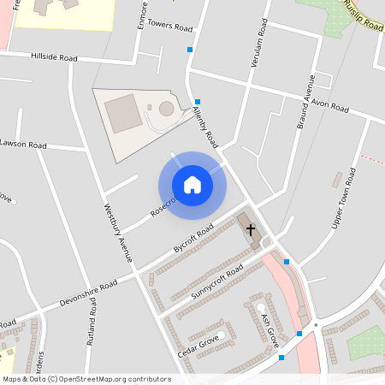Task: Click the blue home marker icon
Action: point(192,185)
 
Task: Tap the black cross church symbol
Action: point(251,229)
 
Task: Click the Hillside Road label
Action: point(54,58)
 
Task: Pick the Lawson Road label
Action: point(23,145)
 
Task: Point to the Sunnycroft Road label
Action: point(217,279)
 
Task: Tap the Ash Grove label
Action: point(269,329)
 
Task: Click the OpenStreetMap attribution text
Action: point(86,379)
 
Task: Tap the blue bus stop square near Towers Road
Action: point(190,50)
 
